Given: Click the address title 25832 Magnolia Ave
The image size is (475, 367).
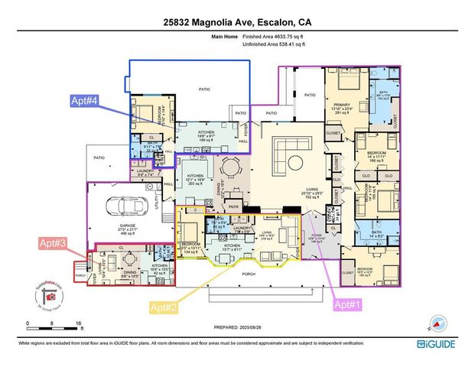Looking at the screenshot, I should [237, 22].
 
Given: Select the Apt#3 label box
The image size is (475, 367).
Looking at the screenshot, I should [54, 243].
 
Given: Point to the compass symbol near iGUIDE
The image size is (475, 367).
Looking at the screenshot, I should [437, 321].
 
